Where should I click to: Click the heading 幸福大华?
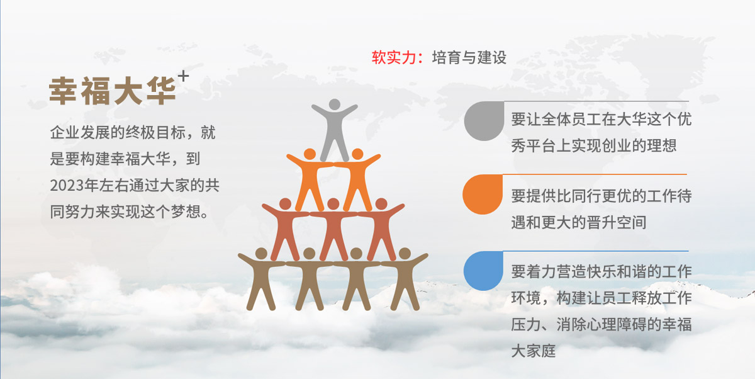point(113,91)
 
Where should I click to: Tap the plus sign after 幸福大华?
point(183,76)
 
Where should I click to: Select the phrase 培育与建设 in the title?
point(469,57)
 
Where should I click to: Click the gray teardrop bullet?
point(484,121)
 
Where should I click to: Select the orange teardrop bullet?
point(483,194)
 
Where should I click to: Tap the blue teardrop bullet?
point(483,271)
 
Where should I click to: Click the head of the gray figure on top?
point(334,104)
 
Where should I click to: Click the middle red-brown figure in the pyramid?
point(333,229)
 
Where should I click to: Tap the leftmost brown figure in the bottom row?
point(261,278)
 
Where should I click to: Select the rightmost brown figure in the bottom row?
point(405,278)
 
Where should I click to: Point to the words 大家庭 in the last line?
point(534,351)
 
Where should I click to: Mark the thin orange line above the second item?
point(595,174)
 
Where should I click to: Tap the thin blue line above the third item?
point(596,251)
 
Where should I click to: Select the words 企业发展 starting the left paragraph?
point(81,132)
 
